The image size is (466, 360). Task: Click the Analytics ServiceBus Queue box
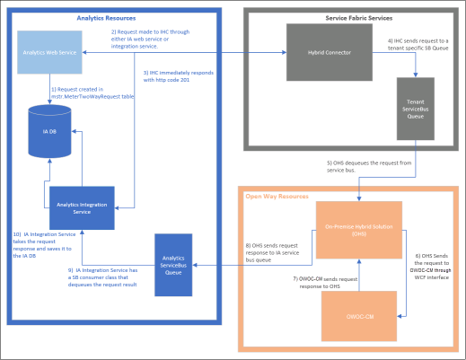(x=175, y=263)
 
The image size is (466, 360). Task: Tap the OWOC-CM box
(x=357, y=315)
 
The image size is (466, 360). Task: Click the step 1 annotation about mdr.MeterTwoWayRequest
(x=90, y=93)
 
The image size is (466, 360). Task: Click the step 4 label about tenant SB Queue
(x=421, y=44)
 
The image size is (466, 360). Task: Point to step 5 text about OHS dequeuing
(x=367, y=166)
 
